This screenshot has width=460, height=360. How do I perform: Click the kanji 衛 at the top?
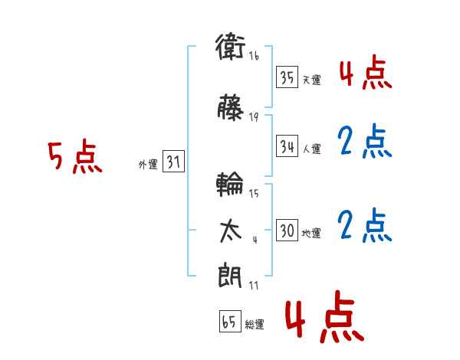(230, 47)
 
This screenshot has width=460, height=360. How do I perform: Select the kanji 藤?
(230, 107)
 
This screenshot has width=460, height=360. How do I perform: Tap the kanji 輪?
(230, 184)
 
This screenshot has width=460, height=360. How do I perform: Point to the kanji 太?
(231, 231)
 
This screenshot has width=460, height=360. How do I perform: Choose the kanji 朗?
(230, 275)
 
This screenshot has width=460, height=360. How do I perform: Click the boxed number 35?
(287, 77)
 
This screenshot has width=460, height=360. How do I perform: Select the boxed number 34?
(287, 146)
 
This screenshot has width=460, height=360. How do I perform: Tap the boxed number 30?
(287, 230)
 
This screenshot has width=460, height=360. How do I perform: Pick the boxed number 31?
(174, 161)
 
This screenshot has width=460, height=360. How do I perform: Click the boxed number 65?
(230, 321)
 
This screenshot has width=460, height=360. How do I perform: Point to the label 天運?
(312, 80)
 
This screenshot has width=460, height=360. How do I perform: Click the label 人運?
(312, 149)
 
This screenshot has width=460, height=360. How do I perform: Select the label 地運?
(311, 233)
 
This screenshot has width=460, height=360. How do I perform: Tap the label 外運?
(148, 165)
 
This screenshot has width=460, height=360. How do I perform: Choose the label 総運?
(255, 325)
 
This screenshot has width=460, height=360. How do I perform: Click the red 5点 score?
(75, 156)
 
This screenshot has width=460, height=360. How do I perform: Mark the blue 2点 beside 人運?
(365, 141)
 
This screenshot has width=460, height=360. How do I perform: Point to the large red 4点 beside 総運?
(324, 317)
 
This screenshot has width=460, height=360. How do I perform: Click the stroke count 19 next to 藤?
(254, 117)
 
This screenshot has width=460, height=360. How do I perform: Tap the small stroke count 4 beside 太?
(255, 240)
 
